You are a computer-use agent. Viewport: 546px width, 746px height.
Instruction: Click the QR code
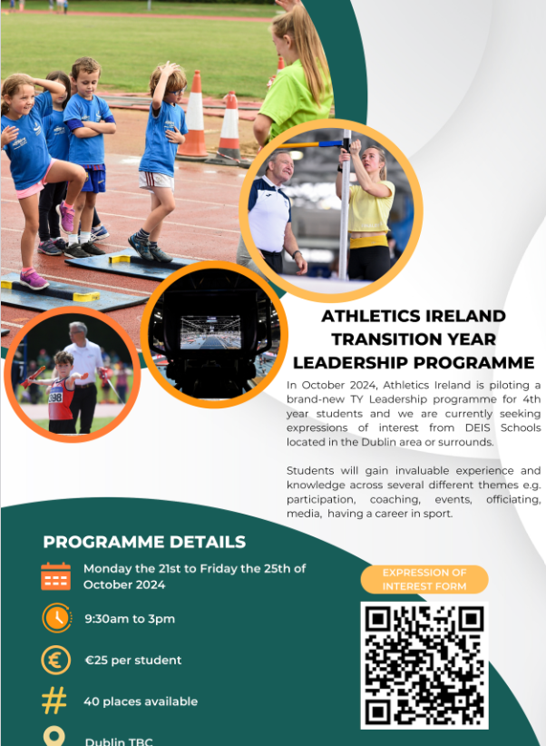click(424, 665)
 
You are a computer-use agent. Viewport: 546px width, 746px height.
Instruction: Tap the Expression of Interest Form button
click(424, 579)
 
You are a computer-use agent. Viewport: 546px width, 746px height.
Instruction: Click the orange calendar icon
click(55, 576)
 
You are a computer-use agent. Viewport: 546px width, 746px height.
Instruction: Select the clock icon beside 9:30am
click(56, 618)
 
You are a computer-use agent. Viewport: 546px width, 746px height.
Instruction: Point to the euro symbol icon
click(55, 660)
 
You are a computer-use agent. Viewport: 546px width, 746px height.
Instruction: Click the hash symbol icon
click(55, 701)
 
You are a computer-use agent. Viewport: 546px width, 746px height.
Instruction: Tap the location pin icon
click(55, 737)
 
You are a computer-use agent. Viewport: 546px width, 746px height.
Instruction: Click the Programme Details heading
click(144, 542)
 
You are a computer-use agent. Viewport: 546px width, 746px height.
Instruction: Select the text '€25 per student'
click(133, 660)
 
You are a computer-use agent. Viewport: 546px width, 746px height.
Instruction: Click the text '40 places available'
click(141, 701)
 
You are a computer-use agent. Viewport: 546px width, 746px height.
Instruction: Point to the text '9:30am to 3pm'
click(130, 619)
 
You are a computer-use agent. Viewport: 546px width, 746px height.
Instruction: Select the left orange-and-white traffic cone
click(194, 118)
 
